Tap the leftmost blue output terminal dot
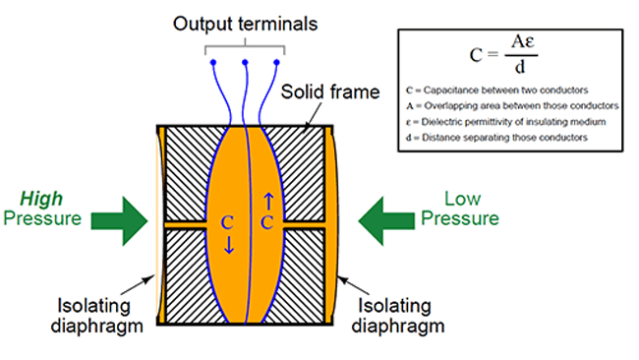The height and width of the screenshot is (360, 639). pyautogui.click(x=212, y=62)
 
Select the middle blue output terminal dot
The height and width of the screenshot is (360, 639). pyautogui.click(x=244, y=62)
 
